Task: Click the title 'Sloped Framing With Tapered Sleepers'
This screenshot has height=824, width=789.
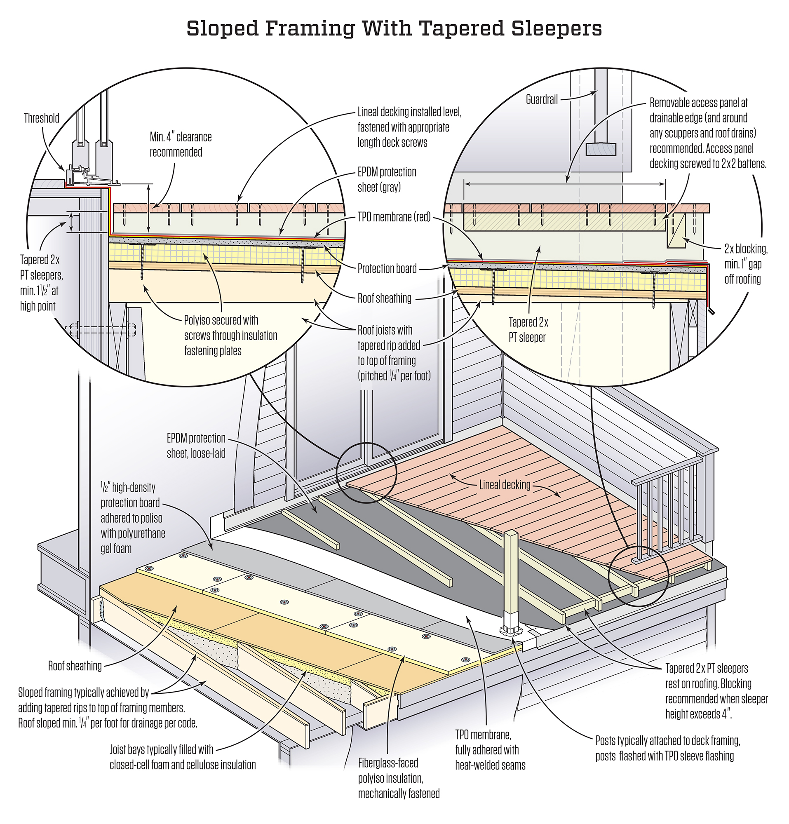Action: click(x=394, y=29)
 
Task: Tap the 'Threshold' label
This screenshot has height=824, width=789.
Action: click(x=41, y=118)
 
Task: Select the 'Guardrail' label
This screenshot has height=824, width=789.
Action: click(x=542, y=99)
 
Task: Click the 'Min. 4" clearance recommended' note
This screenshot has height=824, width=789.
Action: click(x=181, y=145)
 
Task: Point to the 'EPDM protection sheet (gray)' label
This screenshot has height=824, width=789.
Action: click(x=387, y=179)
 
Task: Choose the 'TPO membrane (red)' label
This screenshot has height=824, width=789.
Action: click(x=394, y=217)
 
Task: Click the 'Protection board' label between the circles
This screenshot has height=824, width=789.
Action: click(x=387, y=268)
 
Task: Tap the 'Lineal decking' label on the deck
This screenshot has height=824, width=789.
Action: click(x=505, y=485)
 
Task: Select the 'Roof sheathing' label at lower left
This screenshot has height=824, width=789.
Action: click(x=75, y=666)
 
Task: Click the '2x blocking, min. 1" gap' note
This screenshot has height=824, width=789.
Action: click(x=746, y=264)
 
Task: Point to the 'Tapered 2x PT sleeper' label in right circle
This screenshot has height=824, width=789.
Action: click(x=528, y=330)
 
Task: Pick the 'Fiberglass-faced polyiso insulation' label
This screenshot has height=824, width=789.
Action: click(x=399, y=778)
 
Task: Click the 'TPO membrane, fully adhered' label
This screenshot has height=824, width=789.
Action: click(x=490, y=750)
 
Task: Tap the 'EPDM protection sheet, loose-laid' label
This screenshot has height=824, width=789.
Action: click(x=196, y=446)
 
